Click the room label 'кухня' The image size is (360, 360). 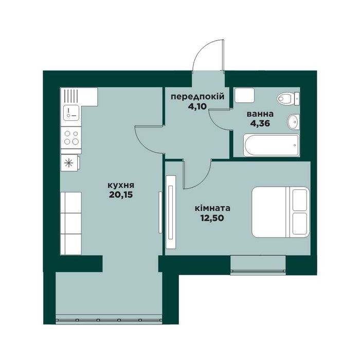121,185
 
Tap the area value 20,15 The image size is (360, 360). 121,195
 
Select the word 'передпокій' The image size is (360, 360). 197,97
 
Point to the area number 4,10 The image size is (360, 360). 197,106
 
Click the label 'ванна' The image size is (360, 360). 260,114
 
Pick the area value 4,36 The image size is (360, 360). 260,123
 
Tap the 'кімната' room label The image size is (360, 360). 212,208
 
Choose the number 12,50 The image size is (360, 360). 212,218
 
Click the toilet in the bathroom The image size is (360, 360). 288,99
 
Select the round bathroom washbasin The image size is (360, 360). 294,122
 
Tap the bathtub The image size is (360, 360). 272,146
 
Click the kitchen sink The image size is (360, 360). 71,113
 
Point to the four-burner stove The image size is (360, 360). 71,137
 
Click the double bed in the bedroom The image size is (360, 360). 281,212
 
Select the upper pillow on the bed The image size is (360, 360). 300,200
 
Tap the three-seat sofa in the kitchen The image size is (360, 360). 71,223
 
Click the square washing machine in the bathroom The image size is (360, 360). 244,95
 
